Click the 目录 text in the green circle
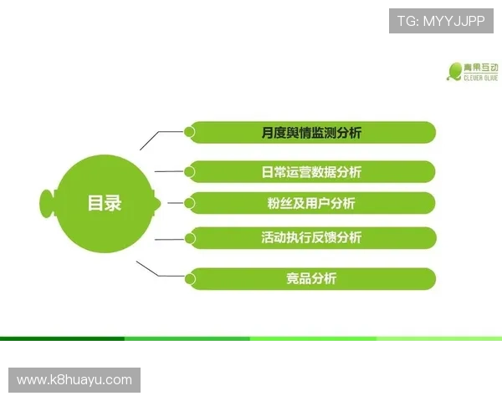point(105,202)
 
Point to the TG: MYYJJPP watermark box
point(441,20)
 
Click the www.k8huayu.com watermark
point(74,380)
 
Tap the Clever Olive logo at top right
point(473,70)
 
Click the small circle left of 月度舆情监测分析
point(190,131)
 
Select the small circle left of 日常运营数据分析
point(190,172)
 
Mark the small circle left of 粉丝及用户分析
point(190,202)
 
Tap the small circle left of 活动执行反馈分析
point(190,237)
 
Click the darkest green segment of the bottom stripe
point(62,338)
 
